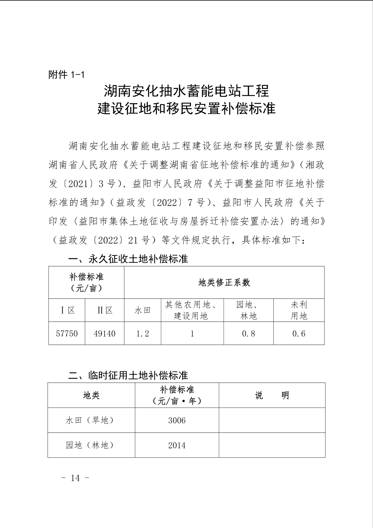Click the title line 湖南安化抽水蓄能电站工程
[x=186, y=91]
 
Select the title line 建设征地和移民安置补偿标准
[x=186, y=109]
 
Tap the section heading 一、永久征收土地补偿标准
[x=128, y=259]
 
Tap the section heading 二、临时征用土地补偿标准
[x=128, y=375]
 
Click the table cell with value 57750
[x=67, y=334]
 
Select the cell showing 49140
[x=105, y=334]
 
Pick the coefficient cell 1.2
[x=142, y=334]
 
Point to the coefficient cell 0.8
[x=248, y=334]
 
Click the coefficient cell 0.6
[x=299, y=334]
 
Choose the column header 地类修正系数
[x=224, y=283]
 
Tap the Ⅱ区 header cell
[x=105, y=310]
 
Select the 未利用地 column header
[x=299, y=310]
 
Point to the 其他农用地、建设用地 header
[x=192, y=310]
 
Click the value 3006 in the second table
[x=177, y=420]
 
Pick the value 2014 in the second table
[x=177, y=445]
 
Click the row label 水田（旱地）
[x=91, y=420]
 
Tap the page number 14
[x=75, y=478]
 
